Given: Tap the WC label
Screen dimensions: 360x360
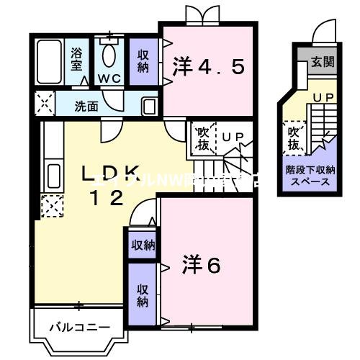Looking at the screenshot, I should pyautogui.click(x=109, y=77).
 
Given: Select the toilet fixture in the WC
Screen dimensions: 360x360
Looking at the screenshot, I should pyautogui.click(x=109, y=53).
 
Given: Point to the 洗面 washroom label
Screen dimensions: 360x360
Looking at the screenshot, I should pyautogui.click(x=86, y=107).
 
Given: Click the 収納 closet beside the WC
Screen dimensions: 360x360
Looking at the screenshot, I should pyautogui.click(x=143, y=62).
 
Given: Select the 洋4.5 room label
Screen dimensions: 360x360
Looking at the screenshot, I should pyautogui.click(x=208, y=68).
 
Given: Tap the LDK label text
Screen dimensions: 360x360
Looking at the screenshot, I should pyautogui.click(x=108, y=173).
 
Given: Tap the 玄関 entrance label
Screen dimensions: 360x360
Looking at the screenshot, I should pyautogui.click(x=323, y=63).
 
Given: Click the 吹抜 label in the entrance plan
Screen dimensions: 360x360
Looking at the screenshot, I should pyautogui.click(x=294, y=139).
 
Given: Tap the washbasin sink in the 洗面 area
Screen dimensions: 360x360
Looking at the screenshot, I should pyautogui.click(x=148, y=107).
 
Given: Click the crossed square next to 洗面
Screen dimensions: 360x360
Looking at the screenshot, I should pyautogui.click(x=43, y=105).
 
